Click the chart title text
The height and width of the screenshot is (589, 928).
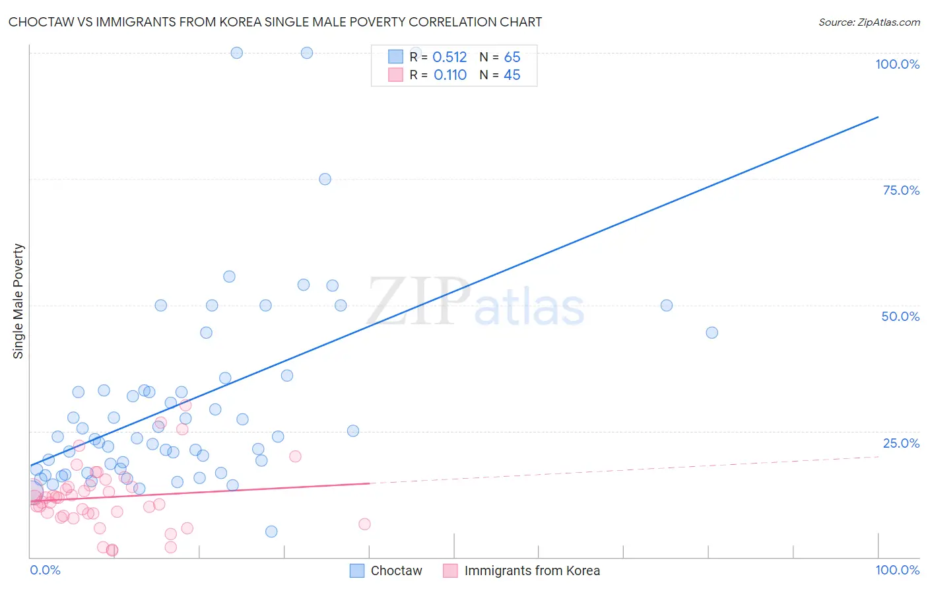(x=275, y=22)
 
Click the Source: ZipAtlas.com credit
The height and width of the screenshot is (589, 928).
(x=869, y=22)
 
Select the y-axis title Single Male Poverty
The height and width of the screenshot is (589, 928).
(x=18, y=301)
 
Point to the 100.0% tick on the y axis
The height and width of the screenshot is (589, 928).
(x=897, y=64)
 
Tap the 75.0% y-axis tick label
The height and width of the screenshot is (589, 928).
(x=901, y=190)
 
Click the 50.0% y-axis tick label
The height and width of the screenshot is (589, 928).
(x=900, y=316)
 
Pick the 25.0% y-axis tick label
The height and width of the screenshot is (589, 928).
(x=901, y=442)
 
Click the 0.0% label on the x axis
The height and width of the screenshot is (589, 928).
(x=45, y=570)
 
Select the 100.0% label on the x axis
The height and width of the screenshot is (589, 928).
(x=897, y=570)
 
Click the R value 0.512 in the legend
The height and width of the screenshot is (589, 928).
(x=449, y=57)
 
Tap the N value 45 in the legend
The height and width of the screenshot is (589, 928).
(x=512, y=75)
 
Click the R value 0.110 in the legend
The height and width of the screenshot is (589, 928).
(x=450, y=75)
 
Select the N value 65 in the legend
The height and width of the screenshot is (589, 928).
(x=512, y=57)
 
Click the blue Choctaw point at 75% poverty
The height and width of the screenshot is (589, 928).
(x=325, y=179)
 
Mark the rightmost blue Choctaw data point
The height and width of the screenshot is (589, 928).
(x=712, y=332)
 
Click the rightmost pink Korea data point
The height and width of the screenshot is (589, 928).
(x=364, y=524)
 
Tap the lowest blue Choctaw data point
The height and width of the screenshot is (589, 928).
(x=271, y=532)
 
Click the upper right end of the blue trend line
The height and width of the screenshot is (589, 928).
(x=878, y=117)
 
